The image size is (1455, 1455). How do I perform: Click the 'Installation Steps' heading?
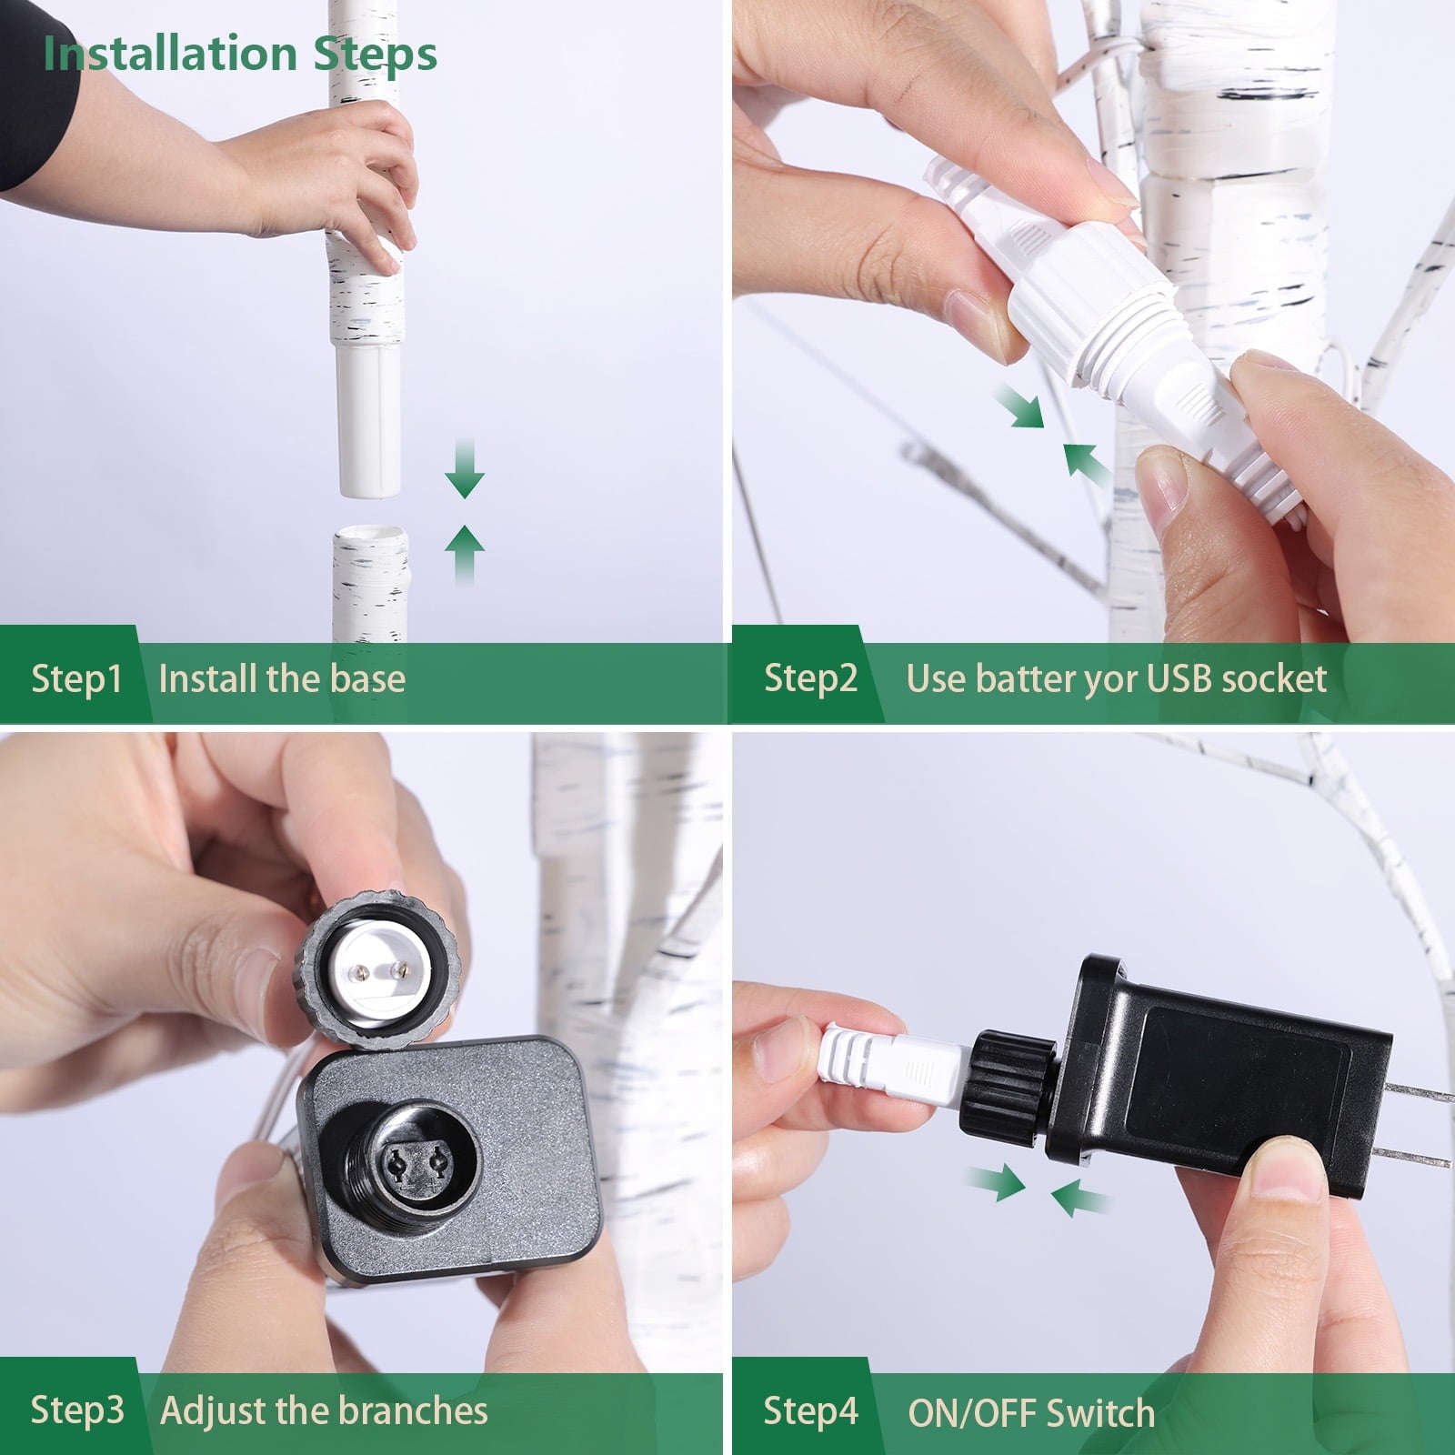240,55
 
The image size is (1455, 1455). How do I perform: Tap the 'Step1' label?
76,678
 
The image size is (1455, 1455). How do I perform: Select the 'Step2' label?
810,678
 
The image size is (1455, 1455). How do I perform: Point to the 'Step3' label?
77,1410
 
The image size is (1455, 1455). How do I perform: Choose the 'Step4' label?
810,1411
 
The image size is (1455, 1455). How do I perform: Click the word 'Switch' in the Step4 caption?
1100,1413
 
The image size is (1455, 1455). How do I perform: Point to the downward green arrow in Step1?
465,467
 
